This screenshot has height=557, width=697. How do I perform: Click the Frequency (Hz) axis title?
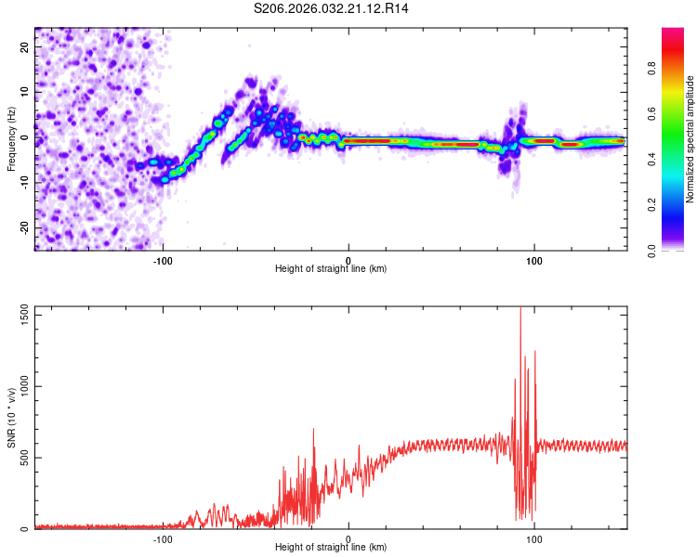[x=11, y=137]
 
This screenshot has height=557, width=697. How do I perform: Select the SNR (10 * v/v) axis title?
[x=11, y=419]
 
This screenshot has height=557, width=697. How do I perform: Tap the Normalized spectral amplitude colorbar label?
[x=690, y=139]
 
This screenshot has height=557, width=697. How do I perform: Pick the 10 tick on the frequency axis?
[x=25, y=91]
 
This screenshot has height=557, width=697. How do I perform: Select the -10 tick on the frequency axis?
[x=23, y=182]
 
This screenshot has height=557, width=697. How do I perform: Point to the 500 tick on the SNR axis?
[x=22, y=458]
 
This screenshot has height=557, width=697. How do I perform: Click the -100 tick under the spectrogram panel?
[x=163, y=259]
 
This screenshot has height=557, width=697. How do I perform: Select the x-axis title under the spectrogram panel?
[x=331, y=269]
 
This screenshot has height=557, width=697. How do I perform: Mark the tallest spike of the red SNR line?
[x=520, y=309]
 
